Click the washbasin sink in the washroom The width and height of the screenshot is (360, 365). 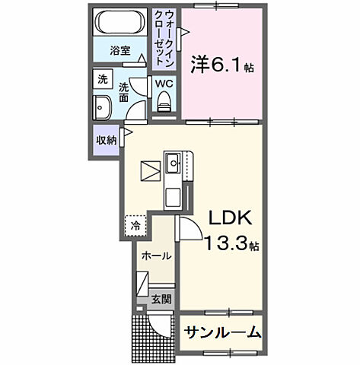point(102,106)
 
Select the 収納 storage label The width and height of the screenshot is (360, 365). point(106,140)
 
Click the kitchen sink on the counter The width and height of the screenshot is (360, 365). point(174,161)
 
